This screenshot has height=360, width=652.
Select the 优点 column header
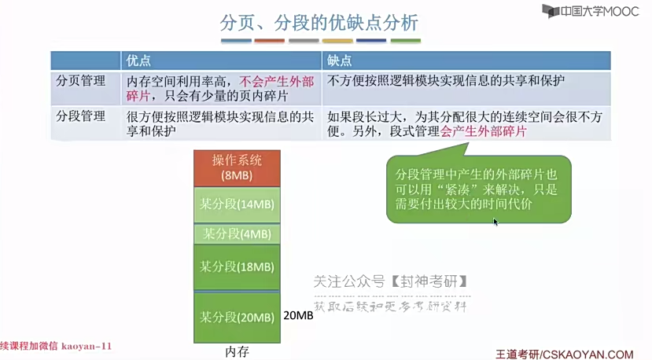(x=138, y=61)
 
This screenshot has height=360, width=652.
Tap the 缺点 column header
(x=340, y=61)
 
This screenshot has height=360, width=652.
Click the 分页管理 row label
(x=80, y=80)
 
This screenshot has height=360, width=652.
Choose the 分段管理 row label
(x=80, y=116)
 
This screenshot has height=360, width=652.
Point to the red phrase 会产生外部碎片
(x=484, y=131)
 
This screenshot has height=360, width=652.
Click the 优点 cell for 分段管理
(x=219, y=123)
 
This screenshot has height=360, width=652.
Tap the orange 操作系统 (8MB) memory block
(x=237, y=167)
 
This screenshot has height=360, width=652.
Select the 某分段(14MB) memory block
(x=237, y=204)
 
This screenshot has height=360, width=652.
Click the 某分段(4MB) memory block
(x=237, y=233)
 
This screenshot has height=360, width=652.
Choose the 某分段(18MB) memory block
(x=237, y=266)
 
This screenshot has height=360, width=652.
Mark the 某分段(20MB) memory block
(x=237, y=318)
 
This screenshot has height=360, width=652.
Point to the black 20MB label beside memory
(x=298, y=314)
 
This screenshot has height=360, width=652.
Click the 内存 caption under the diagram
(x=237, y=351)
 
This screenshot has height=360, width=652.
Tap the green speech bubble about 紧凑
(x=478, y=189)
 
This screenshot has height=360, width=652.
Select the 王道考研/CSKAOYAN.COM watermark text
(x=565, y=354)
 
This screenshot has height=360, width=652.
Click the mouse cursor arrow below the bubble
(x=495, y=222)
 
